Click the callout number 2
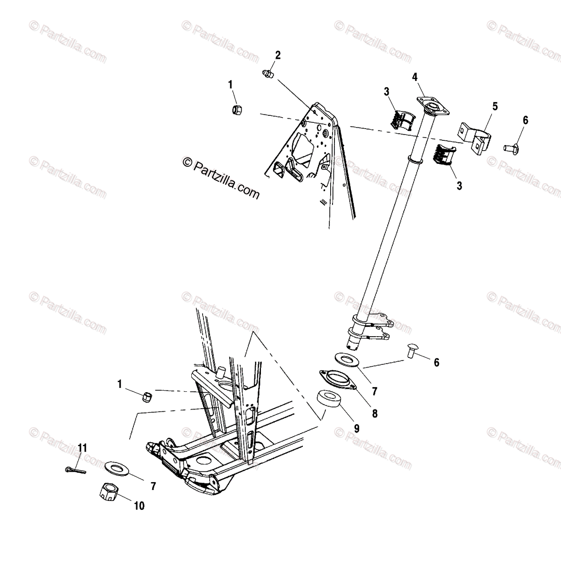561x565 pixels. tap(277, 56)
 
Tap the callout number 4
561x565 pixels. tap(415, 77)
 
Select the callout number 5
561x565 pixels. tap(495, 106)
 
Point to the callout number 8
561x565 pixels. tap(374, 413)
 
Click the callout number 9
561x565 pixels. tap(356, 428)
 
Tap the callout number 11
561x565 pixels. tap(82, 448)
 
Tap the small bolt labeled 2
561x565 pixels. tap(267, 73)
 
